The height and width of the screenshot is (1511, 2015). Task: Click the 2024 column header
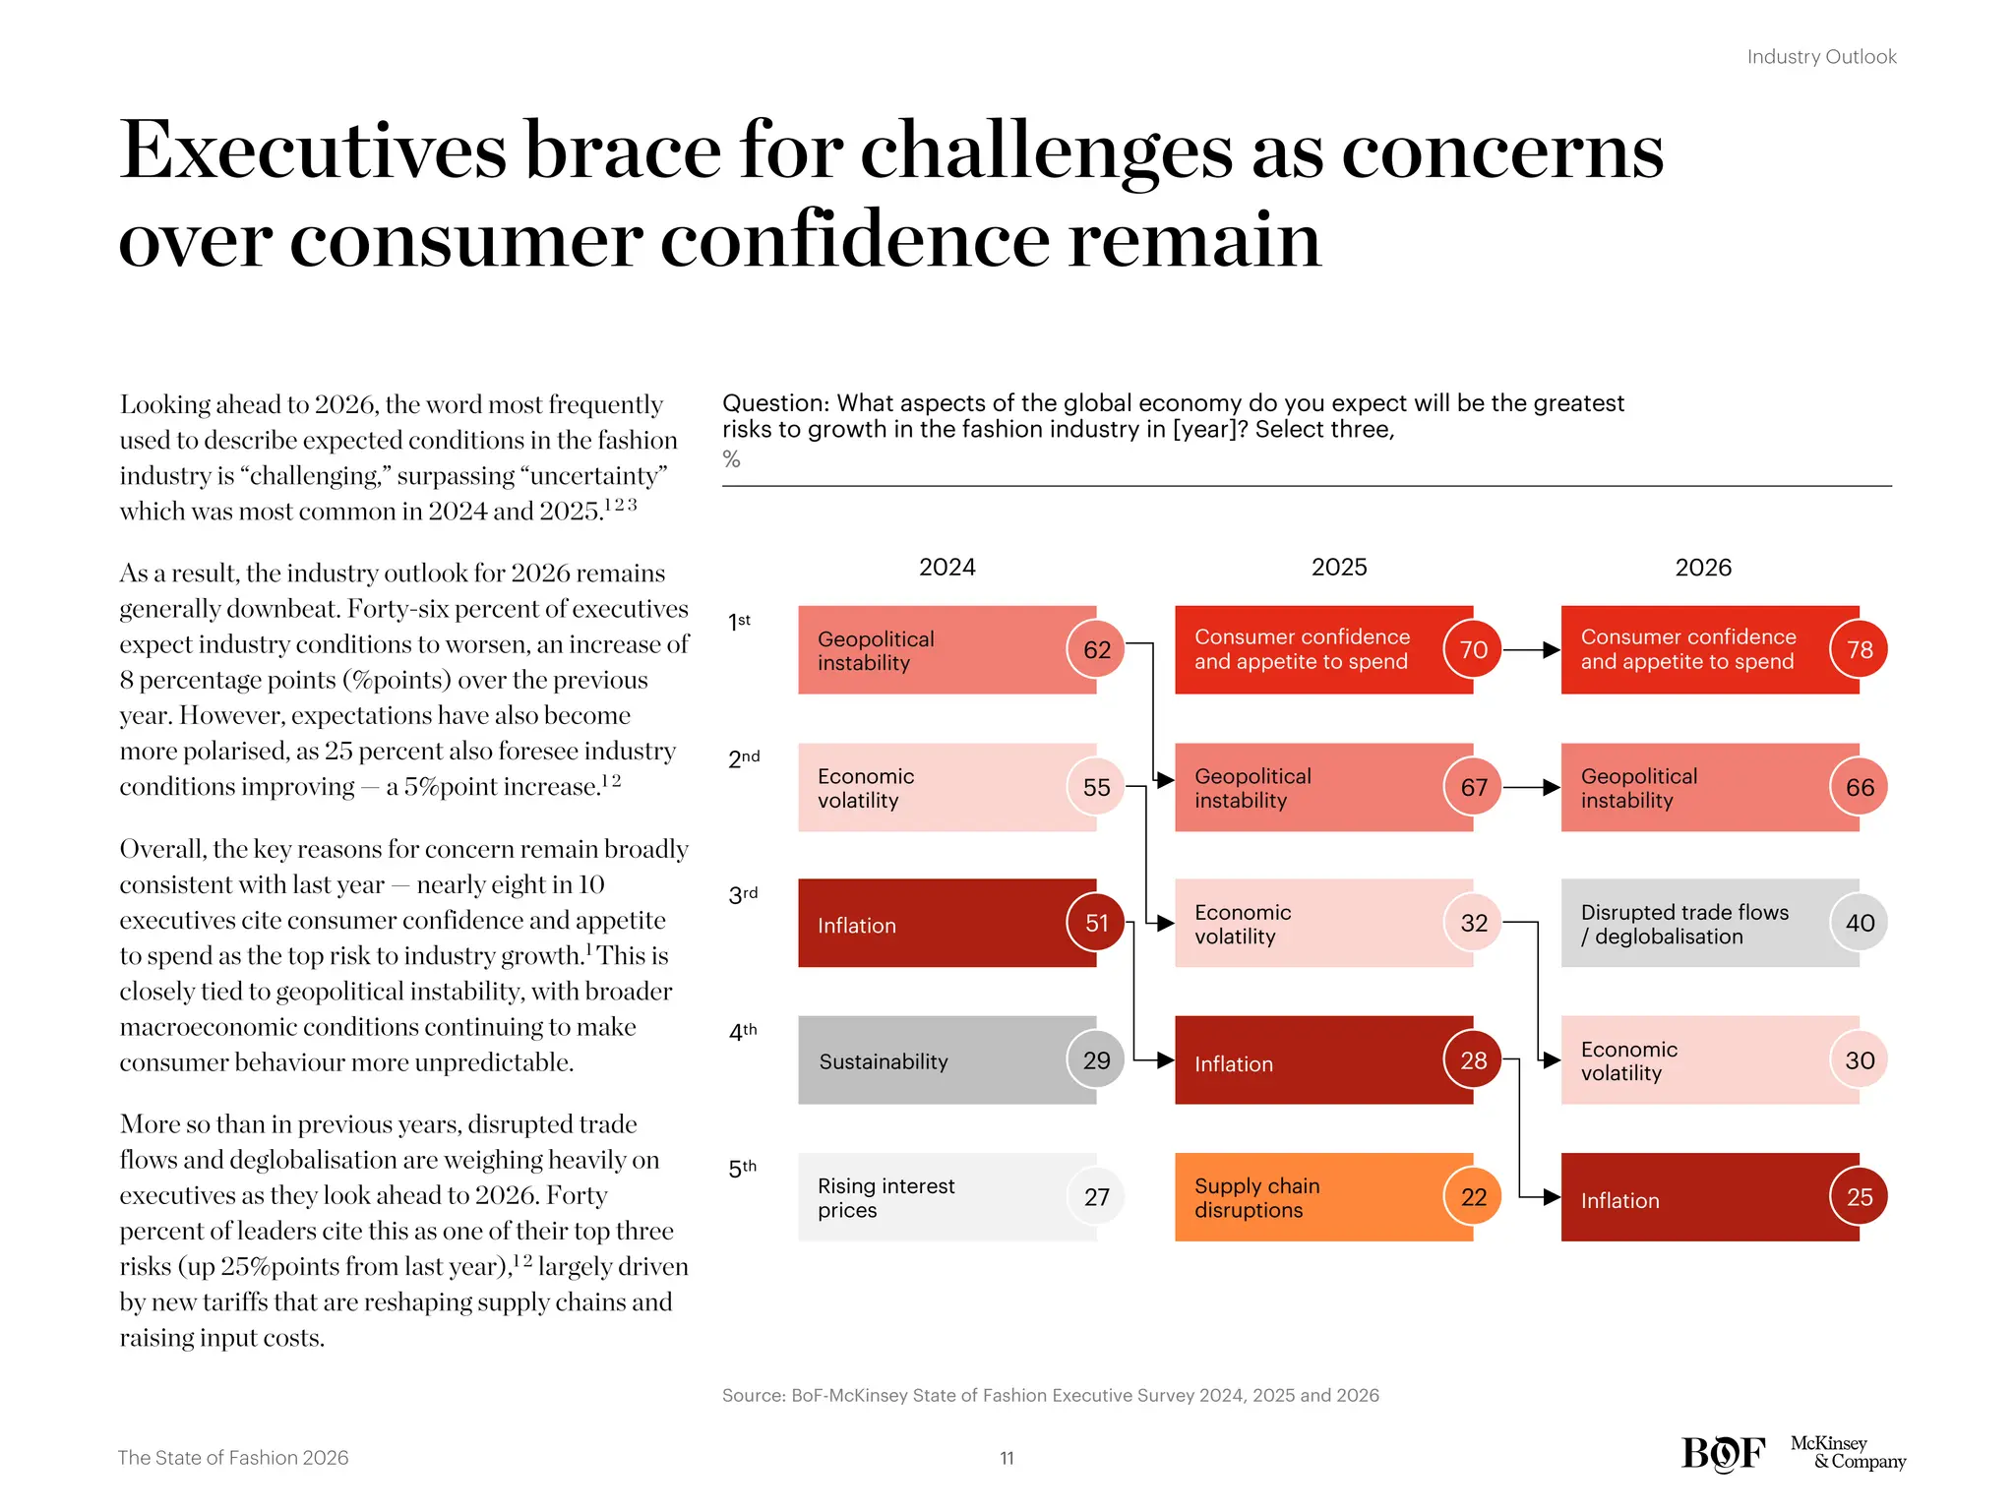click(946, 567)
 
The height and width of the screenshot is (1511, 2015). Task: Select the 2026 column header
click(1702, 567)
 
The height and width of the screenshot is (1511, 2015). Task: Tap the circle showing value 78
click(1859, 649)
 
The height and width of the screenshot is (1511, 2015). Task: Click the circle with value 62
click(1096, 649)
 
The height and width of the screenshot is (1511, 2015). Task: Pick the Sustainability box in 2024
click(946, 1060)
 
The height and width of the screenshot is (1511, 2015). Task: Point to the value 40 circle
click(1859, 923)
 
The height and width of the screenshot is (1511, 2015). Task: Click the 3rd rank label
click(743, 895)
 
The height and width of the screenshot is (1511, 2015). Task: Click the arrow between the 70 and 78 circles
click(1532, 649)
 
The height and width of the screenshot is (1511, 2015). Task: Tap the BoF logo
click(1723, 1454)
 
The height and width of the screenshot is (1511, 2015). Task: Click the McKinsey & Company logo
click(1847, 1452)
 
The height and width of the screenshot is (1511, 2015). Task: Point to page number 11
click(1007, 1458)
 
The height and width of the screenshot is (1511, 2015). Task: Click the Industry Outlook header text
click(1821, 57)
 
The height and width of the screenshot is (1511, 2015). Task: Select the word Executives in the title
click(312, 151)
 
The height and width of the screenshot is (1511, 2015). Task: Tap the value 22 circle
click(1473, 1197)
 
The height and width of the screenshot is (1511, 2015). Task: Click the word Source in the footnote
click(753, 1395)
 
